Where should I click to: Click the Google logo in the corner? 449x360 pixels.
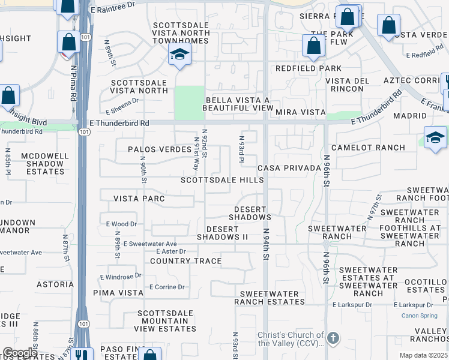click(20, 353)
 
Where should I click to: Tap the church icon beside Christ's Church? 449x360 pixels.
click(333, 339)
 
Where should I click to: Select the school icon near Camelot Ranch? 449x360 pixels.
click(435, 138)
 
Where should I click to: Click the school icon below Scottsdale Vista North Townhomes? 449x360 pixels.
click(178, 55)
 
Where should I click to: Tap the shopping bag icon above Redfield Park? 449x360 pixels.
click(313, 46)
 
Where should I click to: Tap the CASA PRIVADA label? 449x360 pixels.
click(289, 168)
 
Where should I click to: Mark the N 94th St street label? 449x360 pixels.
click(265, 243)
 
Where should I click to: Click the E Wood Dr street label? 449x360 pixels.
click(122, 224)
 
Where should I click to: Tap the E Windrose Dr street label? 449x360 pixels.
click(121, 277)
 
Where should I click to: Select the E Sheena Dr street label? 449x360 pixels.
click(122, 106)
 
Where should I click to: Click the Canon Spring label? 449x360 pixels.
click(420, 316)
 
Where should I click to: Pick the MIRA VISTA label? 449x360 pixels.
click(300, 112)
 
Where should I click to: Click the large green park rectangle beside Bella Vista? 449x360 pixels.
click(189, 103)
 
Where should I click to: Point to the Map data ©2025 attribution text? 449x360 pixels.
click(424, 355)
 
